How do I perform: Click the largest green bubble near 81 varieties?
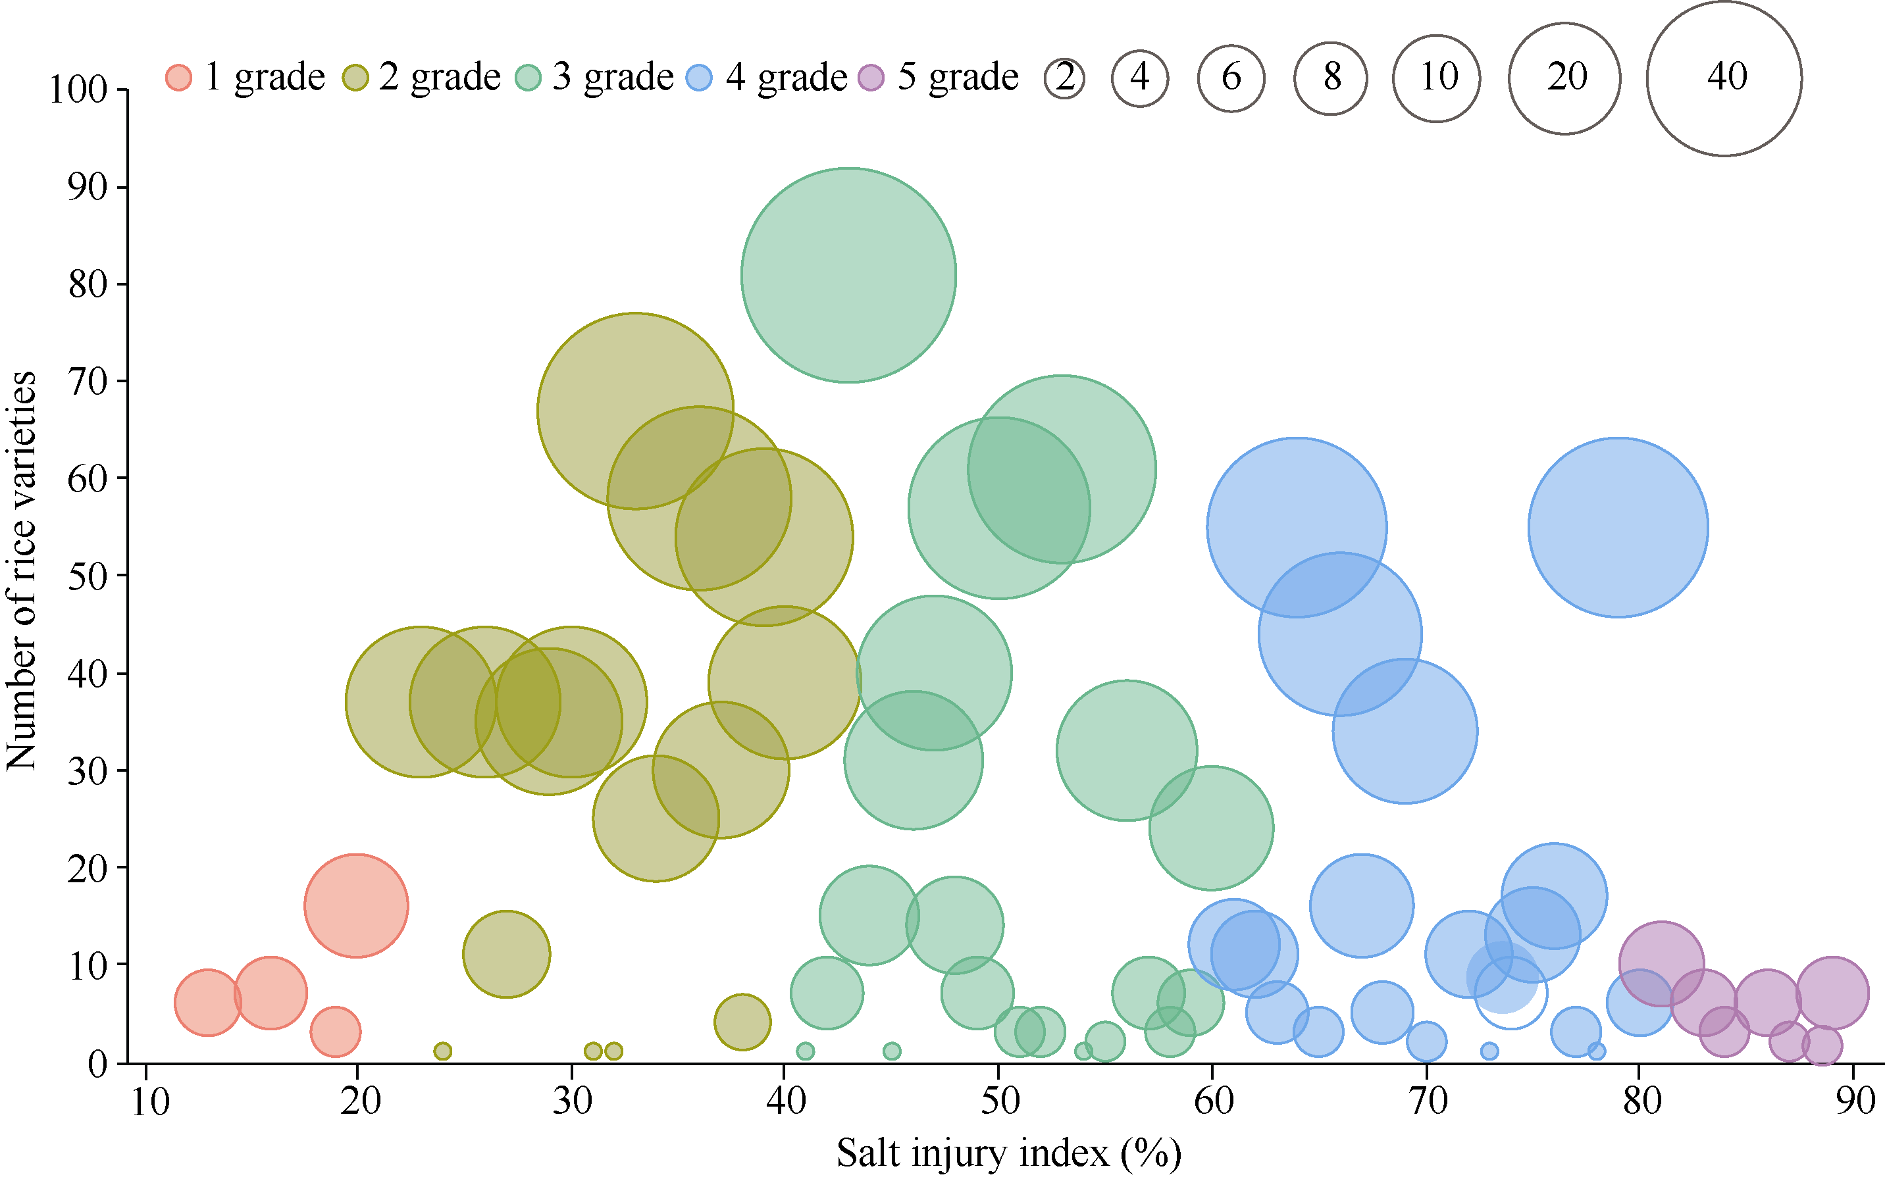point(848,275)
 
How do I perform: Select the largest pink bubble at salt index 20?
point(357,905)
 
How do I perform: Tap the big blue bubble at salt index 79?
point(1618,528)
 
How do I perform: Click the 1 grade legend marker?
point(178,77)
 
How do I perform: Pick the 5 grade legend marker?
point(871,77)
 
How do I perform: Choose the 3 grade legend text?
point(612,76)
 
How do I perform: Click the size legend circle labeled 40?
point(1724,78)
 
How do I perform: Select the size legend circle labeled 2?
point(1064,78)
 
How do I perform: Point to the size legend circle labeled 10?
point(1437,78)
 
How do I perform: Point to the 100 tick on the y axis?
point(78,89)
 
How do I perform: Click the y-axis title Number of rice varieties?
point(21,571)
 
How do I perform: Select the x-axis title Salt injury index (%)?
point(1008,1153)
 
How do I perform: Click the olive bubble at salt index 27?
point(506,953)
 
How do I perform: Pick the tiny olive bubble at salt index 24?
point(442,1051)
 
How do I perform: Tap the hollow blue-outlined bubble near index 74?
point(1511,993)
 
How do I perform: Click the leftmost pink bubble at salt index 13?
point(207,1003)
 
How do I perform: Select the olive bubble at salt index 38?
point(742,1022)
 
